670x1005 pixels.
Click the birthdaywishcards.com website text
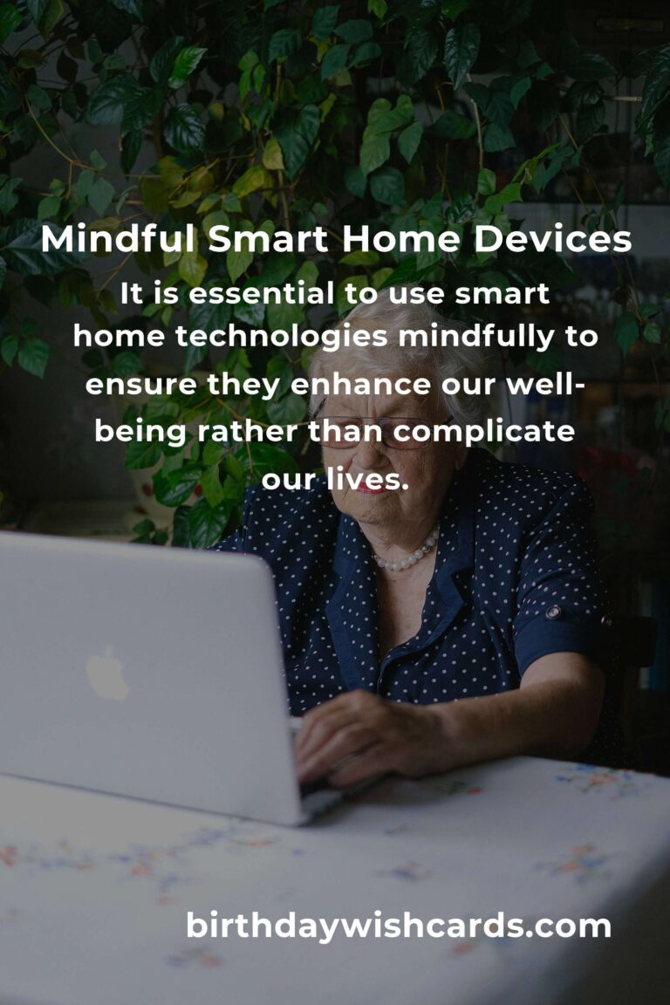[399, 926]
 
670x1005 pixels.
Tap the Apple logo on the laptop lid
[106, 673]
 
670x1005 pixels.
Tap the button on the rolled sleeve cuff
[553, 612]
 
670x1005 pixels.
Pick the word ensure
[128, 385]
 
